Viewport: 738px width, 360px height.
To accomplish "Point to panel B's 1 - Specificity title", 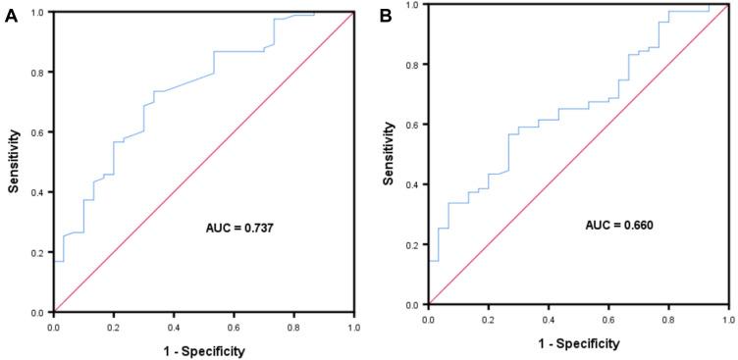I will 579,343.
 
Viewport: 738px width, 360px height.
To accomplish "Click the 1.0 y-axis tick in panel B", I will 413,5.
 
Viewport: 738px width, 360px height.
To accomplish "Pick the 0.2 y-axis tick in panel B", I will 413,245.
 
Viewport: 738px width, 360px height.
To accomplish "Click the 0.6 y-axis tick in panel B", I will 413,125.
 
